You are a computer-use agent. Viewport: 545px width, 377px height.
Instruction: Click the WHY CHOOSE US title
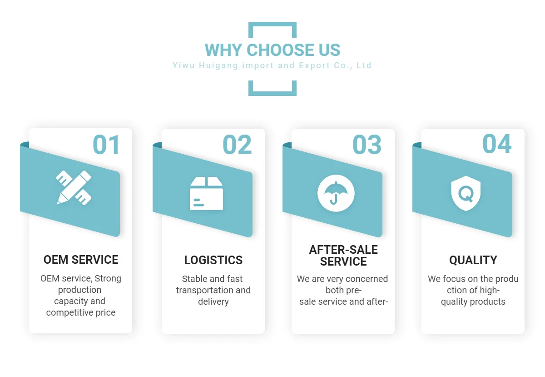[x=272, y=50]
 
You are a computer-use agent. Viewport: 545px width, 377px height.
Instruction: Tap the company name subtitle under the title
[x=272, y=65]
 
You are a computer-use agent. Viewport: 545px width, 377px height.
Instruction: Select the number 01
[x=106, y=145]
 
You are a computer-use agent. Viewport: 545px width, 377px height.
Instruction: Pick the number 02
[x=237, y=145]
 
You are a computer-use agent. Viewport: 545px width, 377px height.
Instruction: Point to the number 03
[x=367, y=145]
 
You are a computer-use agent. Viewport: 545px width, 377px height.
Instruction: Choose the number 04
[x=497, y=144]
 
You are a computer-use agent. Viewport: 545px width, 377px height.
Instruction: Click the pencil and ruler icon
[x=74, y=187]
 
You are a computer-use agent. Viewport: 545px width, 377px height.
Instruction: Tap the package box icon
[x=206, y=193]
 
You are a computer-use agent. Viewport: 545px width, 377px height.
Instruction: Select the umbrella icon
[x=336, y=193]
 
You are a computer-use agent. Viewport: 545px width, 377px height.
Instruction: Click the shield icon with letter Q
[x=466, y=193]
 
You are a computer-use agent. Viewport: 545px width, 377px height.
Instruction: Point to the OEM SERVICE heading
[x=81, y=260]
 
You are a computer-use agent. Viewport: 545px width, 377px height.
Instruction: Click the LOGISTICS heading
[x=213, y=260]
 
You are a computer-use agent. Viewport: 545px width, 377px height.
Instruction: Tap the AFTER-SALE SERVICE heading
[x=343, y=256]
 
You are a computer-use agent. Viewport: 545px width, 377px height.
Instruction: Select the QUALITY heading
[x=473, y=260]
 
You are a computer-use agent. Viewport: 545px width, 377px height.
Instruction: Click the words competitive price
[x=81, y=312]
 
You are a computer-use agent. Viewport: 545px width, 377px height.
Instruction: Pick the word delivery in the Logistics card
[x=213, y=301]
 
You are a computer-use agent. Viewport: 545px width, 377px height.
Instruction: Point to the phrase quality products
[x=473, y=302]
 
